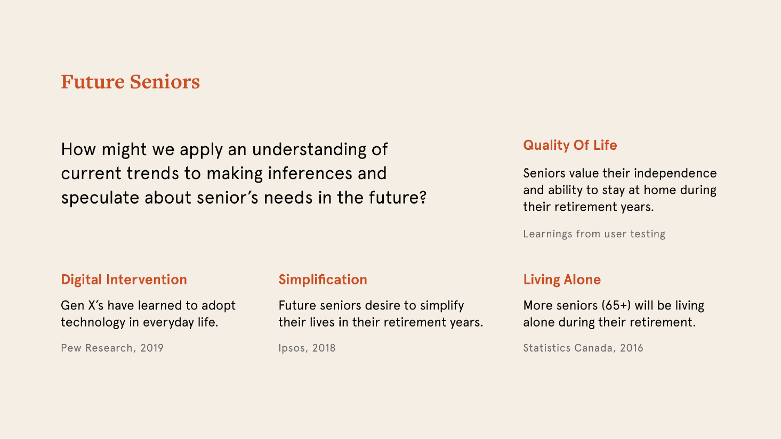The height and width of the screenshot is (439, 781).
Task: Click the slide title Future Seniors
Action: (x=130, y=82)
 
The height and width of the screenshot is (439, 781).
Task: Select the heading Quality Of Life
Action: (x=570, y=145)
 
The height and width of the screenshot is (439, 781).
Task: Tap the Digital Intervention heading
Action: (x=124, y=280)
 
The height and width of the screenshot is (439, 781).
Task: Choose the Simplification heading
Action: (x=323, y=280)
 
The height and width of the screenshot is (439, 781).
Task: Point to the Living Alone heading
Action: (x=562, y=280)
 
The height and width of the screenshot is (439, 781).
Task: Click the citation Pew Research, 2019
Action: (x=112, y=348)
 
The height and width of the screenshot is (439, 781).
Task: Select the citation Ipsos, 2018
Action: (x=307, y=348)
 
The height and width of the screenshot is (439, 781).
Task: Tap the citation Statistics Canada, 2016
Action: (x=583, y=348)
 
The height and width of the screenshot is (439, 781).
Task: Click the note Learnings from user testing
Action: (x=594, y=234)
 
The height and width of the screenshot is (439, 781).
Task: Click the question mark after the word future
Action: (x=423, y=197)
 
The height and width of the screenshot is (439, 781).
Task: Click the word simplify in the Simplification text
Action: (x=442, y=306)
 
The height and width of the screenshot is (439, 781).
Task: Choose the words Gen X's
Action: (x=82, y=306)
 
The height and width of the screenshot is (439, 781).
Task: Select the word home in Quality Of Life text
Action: (x=660, y=190)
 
